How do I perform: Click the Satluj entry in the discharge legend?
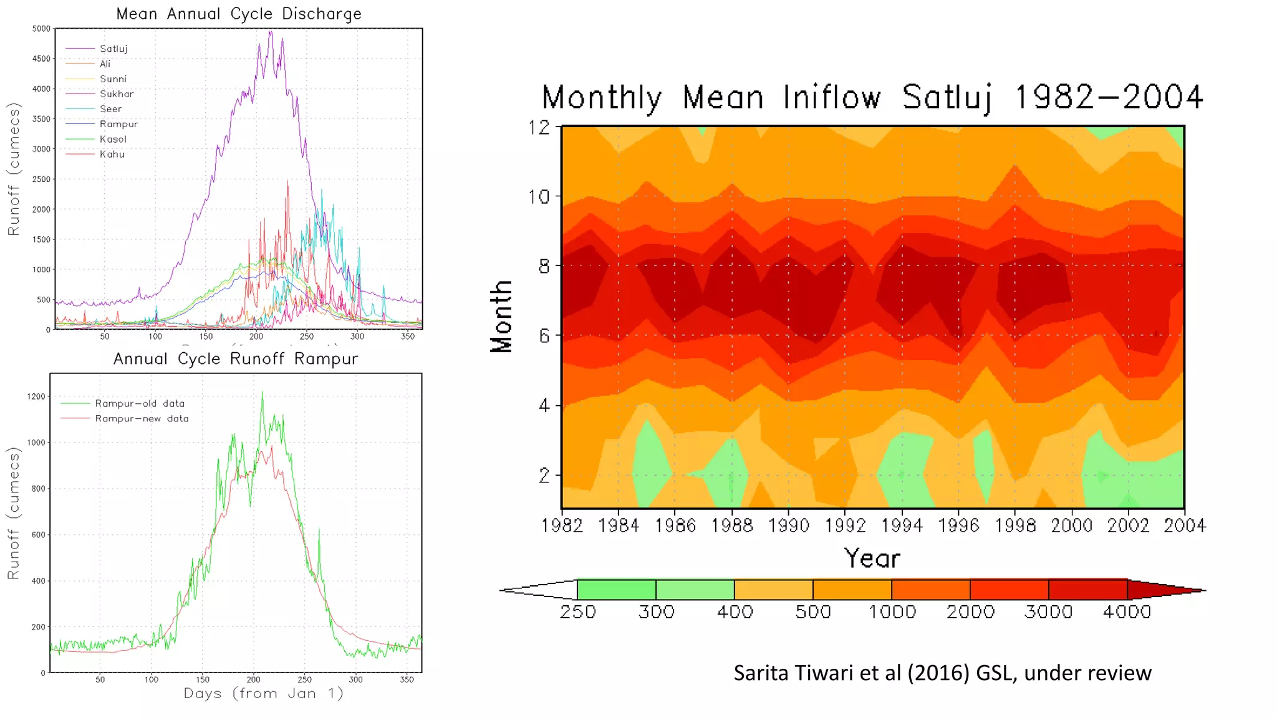[113, 49]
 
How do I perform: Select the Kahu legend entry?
[112, 154]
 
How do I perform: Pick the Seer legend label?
[110, 109]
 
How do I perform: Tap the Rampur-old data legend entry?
[140, 403]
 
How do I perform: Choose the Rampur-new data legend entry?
[142, 419]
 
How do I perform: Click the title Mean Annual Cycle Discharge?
[239, 14]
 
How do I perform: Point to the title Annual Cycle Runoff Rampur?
[236, 359]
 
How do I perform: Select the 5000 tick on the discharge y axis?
[41, 29]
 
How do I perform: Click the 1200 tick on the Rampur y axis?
[36, 396]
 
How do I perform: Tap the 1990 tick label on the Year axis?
[789, 526]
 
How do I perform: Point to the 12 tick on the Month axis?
[539, 127]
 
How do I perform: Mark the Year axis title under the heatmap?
[872, 558]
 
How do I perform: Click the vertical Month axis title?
[501, 317]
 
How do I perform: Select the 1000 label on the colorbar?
[892, 612]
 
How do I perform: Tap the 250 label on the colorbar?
[577, 612]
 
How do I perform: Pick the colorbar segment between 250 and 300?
[616, 590]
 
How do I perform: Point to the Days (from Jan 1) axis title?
[263, 693]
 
